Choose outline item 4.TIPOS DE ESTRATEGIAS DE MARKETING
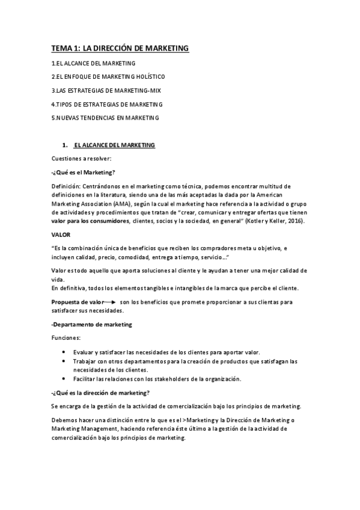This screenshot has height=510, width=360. point(107,104)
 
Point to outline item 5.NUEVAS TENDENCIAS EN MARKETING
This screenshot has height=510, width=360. point(105,118)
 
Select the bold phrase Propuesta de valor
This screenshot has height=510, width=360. point(76,302)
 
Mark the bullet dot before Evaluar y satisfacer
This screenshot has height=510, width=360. point(64,352)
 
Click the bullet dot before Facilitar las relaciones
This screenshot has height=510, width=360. point(64,379)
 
